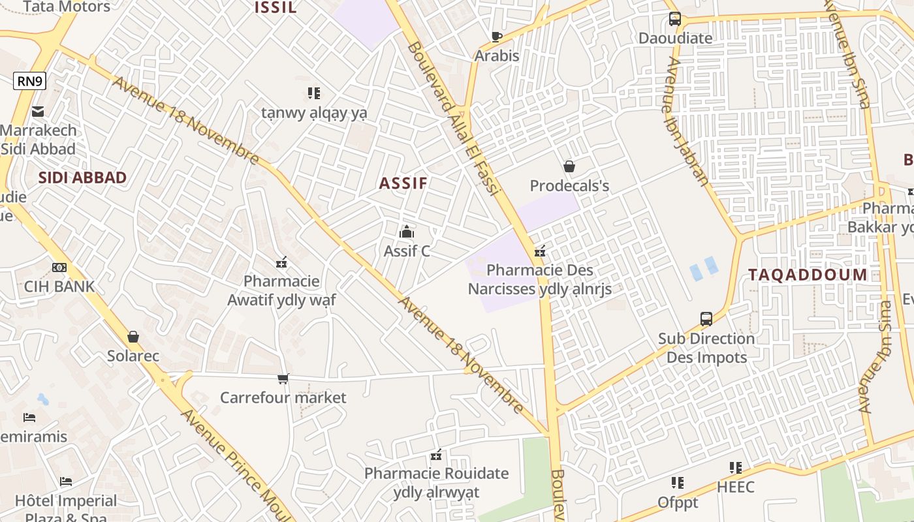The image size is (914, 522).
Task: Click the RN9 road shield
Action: click(x=30, y=82)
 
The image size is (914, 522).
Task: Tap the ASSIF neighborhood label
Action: click(x=403, y=183)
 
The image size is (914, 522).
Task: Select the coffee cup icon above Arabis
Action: click(x=496, y=37)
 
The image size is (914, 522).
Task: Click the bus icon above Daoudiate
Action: click(x=675, y=19)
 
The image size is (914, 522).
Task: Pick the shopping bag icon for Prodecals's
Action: click(x=569, y=167)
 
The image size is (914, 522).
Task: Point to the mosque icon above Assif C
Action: click(x=407, y=232)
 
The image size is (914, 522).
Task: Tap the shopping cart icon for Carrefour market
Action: click(x=283, y=378)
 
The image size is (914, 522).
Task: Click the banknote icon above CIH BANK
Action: click(x=59, y=268)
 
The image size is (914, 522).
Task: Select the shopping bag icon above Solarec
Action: click(x=133, y=337)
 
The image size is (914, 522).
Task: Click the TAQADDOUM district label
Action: click(x=808, y=275)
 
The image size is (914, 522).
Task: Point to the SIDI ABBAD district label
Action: click(x=82, y=177)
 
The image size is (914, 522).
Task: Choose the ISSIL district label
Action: click(x=276, y=8)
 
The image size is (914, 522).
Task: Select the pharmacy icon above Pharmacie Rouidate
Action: click(x=436, y=455)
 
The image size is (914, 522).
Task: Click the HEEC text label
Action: click(x=735, y=487)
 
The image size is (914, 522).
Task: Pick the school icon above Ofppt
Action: click(x=678, y=483)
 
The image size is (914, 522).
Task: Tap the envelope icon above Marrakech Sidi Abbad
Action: click(x=38, y=112)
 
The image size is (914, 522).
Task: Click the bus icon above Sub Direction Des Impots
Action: click(x=706, y=319)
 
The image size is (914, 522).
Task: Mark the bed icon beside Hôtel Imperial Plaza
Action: click(x=66, y=482)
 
